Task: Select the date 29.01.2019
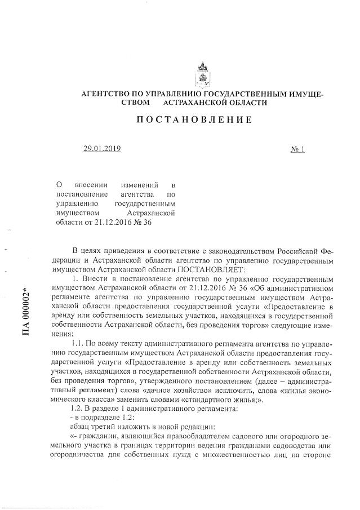tap(102, 149)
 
